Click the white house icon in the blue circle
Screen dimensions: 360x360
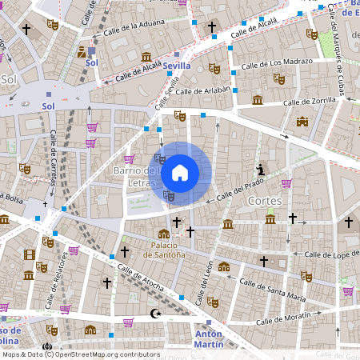coord(180,172)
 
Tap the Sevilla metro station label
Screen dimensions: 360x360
coord(176,66)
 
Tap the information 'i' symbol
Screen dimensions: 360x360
coord(260,169)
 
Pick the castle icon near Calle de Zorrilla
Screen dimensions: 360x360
coord(302,122)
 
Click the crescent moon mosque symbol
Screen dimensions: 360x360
coord(156,314)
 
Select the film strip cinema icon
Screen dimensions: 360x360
coord(30,255)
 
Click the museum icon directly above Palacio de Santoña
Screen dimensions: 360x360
coord(164,234)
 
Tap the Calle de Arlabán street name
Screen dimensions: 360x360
coord(202,90)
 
